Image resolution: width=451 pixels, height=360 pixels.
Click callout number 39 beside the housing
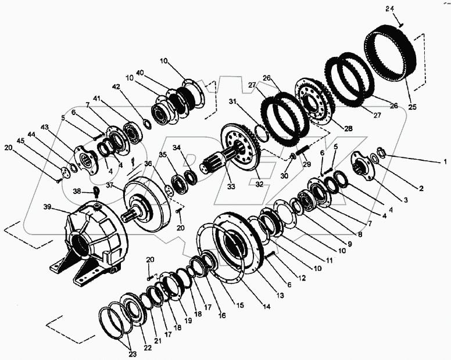tap(49, 207)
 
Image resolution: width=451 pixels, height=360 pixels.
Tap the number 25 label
tap(412, 107)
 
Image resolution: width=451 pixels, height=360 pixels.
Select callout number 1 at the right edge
tap(445, 161)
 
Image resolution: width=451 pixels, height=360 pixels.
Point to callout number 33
tap(231, 186)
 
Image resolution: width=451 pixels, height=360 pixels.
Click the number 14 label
tap(266, 307)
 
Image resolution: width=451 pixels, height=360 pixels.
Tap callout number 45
tap(20, 141)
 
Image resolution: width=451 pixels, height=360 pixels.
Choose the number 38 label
tap(77, 190)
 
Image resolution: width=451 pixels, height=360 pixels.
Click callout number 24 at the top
tap(391, 9)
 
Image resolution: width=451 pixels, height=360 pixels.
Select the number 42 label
tap(117, 87)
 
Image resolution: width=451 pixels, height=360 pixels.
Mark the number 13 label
tap(280, 296)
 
